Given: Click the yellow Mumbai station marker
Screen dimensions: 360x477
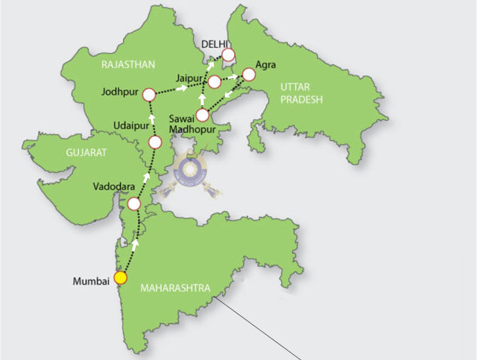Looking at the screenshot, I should point(121,277).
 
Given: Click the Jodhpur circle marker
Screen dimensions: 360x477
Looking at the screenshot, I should point(149,95).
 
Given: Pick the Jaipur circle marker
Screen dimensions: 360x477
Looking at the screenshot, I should point(214,82).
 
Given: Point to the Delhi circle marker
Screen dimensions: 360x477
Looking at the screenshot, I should point(228,54).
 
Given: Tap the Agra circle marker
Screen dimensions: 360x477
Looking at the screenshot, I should point(248,74).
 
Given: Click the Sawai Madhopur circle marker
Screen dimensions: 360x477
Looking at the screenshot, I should point(203,115).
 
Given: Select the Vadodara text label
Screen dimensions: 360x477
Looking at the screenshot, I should point(114,186).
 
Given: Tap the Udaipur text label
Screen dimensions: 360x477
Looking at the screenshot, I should point(133,126).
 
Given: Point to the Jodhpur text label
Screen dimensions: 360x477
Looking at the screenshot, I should point(119,92).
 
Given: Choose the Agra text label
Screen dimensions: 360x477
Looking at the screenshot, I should point(266,65).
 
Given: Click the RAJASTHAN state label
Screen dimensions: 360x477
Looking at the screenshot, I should point(128,65).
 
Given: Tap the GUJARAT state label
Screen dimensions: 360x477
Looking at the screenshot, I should point(86,153).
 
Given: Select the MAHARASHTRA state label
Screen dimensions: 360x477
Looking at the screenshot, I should point(176,288).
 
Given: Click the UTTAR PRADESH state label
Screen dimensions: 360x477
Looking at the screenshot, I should point(301,92).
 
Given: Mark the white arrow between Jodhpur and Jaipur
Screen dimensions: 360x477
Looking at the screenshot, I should point(183,88).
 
